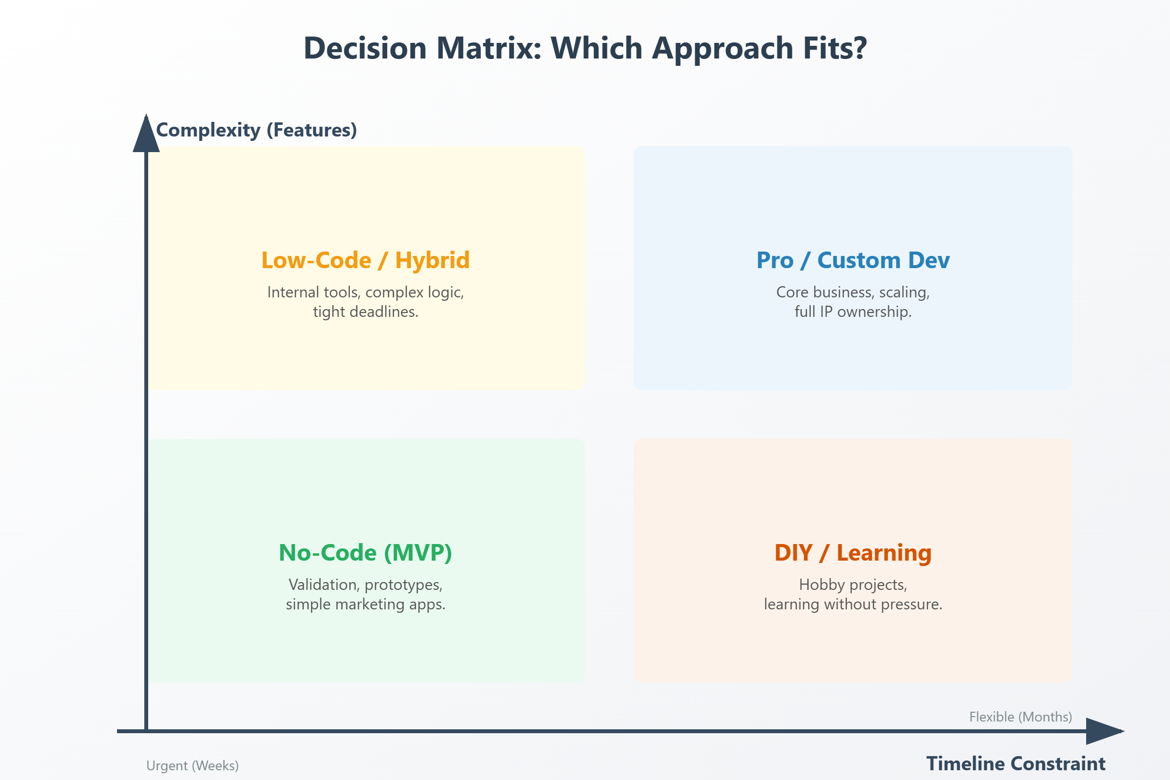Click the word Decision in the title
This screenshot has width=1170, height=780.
click(x=365, y=48)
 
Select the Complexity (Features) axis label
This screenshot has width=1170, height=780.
click(x=256, y=130)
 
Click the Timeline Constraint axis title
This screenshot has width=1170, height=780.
click(x=1015, y=763)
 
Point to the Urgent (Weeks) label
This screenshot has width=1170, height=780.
click(x=193, y=765)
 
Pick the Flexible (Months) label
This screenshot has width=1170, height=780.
click(x=1020, y=717)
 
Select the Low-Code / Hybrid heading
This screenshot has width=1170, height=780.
click(x=366, y=260)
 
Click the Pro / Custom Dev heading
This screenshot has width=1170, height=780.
click(x=853, y=260)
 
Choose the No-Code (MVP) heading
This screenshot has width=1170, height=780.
click(x=366, y=553)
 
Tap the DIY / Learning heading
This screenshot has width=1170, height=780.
click(x=853, y=553)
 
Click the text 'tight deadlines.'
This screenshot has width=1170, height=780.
click(x=366, y=312)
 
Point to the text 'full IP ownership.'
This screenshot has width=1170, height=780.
click(x=853, y=312)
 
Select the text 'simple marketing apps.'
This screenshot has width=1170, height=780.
click(x=366, y=604)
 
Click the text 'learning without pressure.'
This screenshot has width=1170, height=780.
click(x=853, y=604)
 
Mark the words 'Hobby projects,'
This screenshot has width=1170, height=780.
click(x=853, y=585)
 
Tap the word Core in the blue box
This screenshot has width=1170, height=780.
click(x=792, y=292)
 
